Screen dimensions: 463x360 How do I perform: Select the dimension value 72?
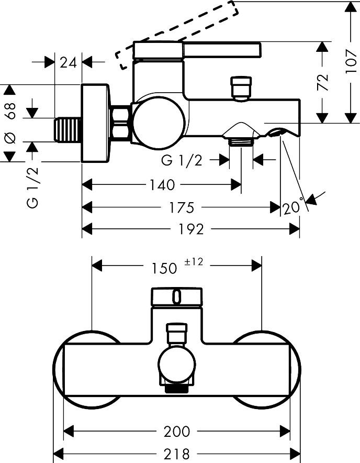pos(323,83)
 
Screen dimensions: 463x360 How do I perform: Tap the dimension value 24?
pos(69,62)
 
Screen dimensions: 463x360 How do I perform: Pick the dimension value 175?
pos(182,208)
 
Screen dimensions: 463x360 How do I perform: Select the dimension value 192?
pos(192,229)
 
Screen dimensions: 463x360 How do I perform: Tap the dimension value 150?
pos(164,268)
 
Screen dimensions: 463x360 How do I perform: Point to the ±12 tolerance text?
pos(194,262)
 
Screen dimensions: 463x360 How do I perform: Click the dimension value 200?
pos(177,432)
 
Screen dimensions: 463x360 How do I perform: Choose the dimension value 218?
pos(177,453)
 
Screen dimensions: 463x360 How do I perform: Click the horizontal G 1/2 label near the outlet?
pos(182,161)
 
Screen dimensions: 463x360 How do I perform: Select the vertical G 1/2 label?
pos(33,186)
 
